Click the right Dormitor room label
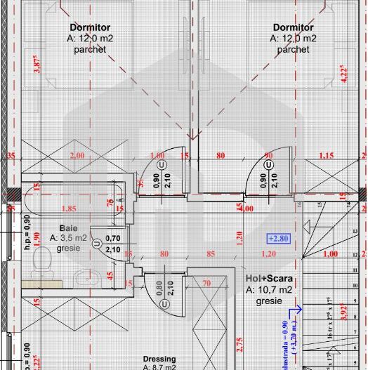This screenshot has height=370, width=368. (293, 27)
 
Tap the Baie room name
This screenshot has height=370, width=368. (69, 228)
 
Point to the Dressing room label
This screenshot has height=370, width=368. (160, 358)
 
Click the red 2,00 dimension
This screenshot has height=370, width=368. (77, 156)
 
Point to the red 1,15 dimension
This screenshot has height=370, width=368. (326, 156)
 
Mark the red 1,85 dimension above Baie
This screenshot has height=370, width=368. (69, 209)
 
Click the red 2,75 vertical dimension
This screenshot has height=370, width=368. (239, 344)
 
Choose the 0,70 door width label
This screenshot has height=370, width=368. (112, 239)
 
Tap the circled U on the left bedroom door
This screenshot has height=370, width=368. (162, 164)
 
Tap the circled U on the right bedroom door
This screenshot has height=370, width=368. (268, 164)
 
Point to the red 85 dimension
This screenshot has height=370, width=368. (210, 253)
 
